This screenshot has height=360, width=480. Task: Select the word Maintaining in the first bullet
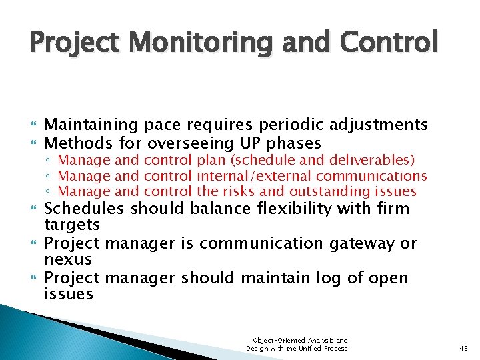click(91, 125)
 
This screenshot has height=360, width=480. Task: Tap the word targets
click(72, 225)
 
